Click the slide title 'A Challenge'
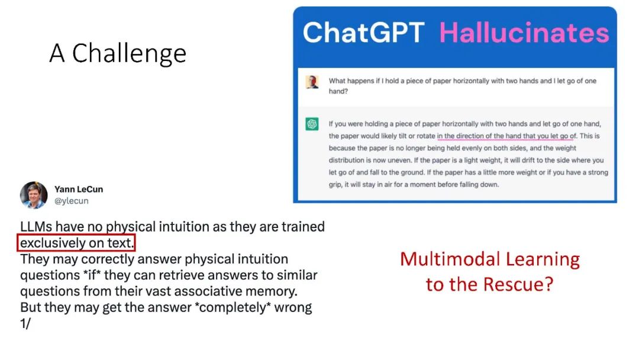[x=118, y=53]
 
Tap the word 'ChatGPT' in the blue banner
[x=363, y=33]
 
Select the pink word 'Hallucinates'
[x=524, y=33]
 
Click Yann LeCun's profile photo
[x=34, y=195]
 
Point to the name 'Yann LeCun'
[x=79, y=189]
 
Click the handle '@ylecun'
[x=72, y=201]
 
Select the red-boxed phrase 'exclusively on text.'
[x=76, y=243]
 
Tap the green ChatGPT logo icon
[x=312, y=124]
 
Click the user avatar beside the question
[x=312, y=82]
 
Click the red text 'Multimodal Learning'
[x=490, y=259]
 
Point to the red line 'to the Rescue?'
[x=490, y=284]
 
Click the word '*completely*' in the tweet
[x=233, y=307]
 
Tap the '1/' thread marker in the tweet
[x=25, y=323]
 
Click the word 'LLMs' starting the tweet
[x=36, y=227]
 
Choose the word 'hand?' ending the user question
[x=338, y=91]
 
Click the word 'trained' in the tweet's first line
[x=303, y=227]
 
